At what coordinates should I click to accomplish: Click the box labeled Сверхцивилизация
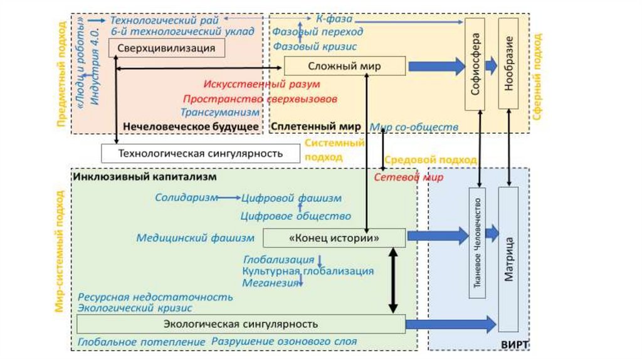tap(167, 48)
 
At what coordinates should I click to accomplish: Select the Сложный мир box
tap(345, 66)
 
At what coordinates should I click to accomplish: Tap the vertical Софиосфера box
tap(475, 65)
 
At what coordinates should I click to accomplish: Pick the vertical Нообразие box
tap(508, 63)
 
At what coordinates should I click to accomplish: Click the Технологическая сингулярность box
tap(201, 154)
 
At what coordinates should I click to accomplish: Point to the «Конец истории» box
tap(334, 238)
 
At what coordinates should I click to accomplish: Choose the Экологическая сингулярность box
tap(241, 324)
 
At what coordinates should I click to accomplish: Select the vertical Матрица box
tap(508, 259)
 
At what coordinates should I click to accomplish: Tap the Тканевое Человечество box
tap(477, 243)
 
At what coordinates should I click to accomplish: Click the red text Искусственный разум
tap(261, 85)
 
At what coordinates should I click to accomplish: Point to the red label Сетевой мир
tap(409, 177)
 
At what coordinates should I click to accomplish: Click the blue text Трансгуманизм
tap(220, 112)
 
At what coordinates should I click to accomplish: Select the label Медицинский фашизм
tap(196, 238)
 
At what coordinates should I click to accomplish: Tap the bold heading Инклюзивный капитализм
tap(145, 177)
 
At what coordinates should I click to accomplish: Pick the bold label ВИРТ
tap(515, 344)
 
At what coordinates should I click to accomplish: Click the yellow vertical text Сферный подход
tap(537, 77)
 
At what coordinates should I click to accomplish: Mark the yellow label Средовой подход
tap(430, 160)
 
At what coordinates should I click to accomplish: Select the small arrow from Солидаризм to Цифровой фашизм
tap(229, 198)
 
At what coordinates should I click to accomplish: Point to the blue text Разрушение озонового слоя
tap(284, 342)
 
